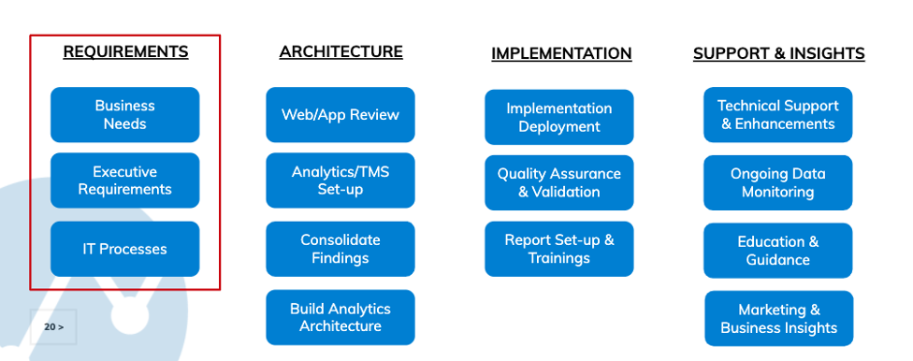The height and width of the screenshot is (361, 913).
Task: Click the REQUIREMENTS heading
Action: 125,51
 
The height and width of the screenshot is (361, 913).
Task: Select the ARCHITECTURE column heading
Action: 341,51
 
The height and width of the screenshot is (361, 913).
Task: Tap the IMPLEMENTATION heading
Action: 561,53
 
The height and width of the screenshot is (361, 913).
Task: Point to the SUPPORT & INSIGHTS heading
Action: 778,53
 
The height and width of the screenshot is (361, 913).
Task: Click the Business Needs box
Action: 125,115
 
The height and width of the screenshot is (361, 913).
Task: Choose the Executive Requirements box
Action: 125,180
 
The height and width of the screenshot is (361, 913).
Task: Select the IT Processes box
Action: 125,249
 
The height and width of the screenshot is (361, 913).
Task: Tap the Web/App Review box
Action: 341,115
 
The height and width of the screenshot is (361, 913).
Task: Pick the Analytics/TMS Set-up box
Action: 341,180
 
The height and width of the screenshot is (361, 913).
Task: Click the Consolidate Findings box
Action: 341,249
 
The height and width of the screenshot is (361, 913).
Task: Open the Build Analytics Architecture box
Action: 341,317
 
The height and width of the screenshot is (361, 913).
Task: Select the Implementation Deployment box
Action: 559,117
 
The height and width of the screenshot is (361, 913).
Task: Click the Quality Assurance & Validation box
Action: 559,182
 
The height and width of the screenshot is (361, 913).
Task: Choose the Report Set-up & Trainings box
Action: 559,249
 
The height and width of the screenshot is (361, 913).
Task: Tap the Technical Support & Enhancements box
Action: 778,115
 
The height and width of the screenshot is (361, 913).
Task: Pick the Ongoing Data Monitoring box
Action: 778,182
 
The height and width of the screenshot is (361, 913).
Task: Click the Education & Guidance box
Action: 778,251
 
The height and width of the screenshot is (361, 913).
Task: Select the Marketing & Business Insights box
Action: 779,319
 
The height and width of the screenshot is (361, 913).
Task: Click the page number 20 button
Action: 53,326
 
